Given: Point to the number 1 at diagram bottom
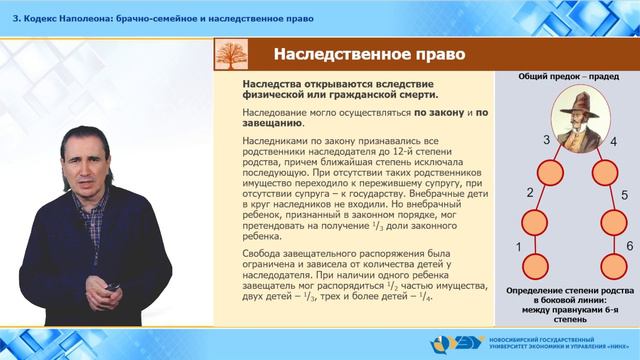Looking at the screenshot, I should click(516, 246).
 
